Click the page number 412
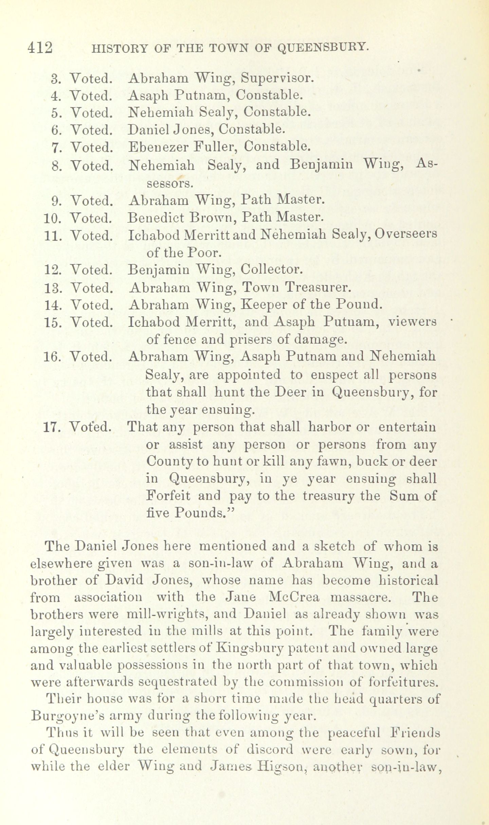point(40,48)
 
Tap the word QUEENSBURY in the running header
point(323,48)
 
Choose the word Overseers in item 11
point(406,235)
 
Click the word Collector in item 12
point(271,270)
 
